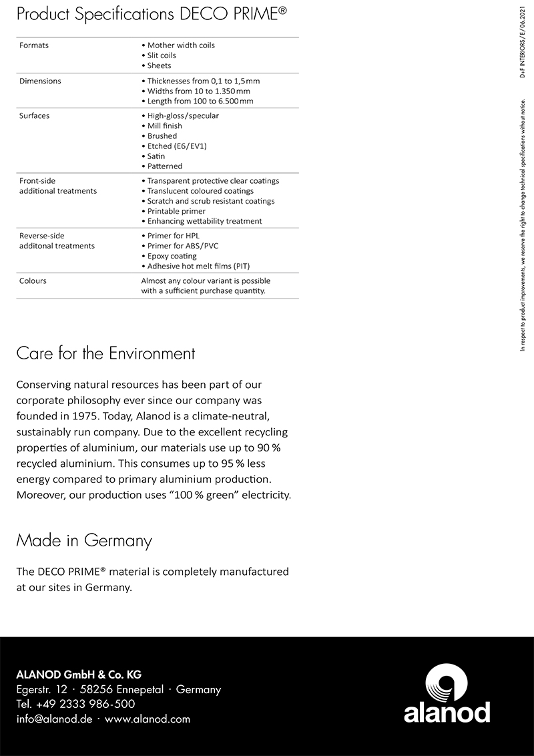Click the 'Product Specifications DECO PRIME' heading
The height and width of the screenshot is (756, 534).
(x=152, y=15)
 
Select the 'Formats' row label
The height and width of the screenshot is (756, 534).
(x=34, y=45)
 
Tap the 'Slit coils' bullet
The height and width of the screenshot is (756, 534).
(x=162, y=55)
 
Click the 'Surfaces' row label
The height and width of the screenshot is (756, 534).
(x=35, y=116)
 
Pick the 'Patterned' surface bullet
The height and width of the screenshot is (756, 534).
(x=164, y=166)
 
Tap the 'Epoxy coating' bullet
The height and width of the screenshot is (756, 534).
(x=172, y=256)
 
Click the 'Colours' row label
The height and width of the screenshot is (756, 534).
(x=33, y=280)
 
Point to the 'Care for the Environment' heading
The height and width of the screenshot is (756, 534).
(x=105, y=353)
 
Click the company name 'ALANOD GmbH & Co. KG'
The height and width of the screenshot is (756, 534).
(x=79, y=675)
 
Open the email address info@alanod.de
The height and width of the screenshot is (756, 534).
(x=54, y=719)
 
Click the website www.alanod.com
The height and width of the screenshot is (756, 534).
(x=148, y=719)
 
